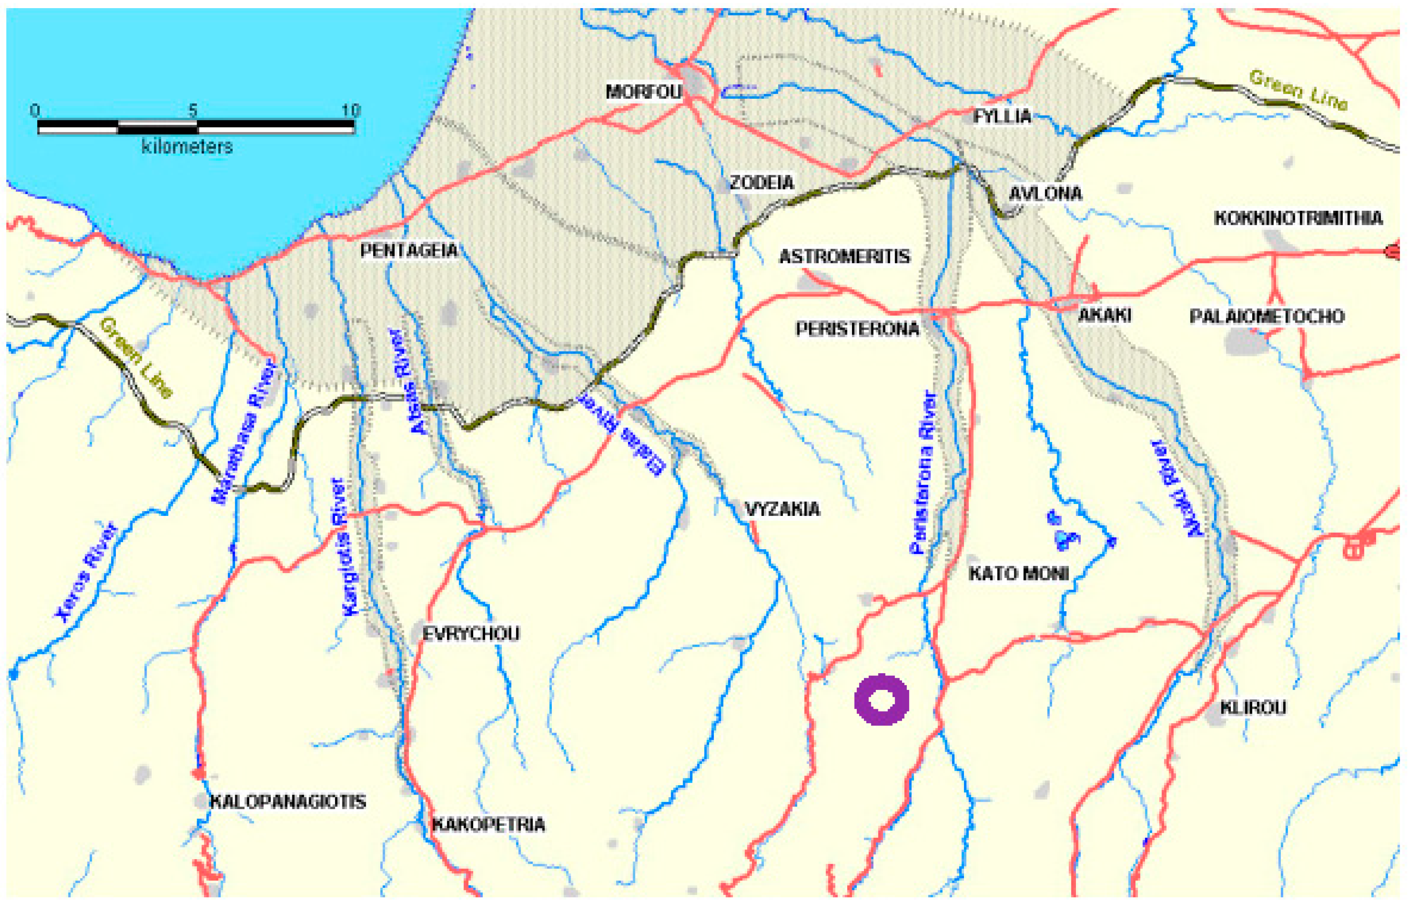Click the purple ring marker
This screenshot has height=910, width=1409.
click(x=881, y=700)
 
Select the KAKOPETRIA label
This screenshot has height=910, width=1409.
click(x=488, y=825)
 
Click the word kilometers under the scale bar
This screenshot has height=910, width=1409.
click(x=187, y=147)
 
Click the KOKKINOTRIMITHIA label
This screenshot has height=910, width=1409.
click(x=1298, y=218)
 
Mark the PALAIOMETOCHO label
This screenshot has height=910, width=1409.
click(x=1267, y=316)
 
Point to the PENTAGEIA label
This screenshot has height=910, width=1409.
click(x=409, y=250)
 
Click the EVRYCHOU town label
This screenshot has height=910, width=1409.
click(x=471, y=634)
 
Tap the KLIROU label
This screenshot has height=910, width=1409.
click(x=1253, y=707)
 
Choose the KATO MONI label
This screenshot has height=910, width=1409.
click(x=1018, y=573)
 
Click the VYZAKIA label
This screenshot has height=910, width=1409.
click(x=782, y=509)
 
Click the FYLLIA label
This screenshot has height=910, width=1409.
click(x=1002, y=116)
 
